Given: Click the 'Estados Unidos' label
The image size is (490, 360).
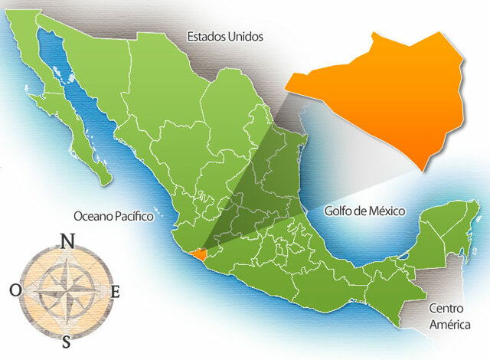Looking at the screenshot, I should (x=224, y=36).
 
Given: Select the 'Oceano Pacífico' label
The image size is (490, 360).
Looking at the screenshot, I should (x=113, y=217).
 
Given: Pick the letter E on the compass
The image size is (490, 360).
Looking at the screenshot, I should (x=116, y=291).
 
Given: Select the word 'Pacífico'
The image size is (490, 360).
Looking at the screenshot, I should (x=133, y=217).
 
